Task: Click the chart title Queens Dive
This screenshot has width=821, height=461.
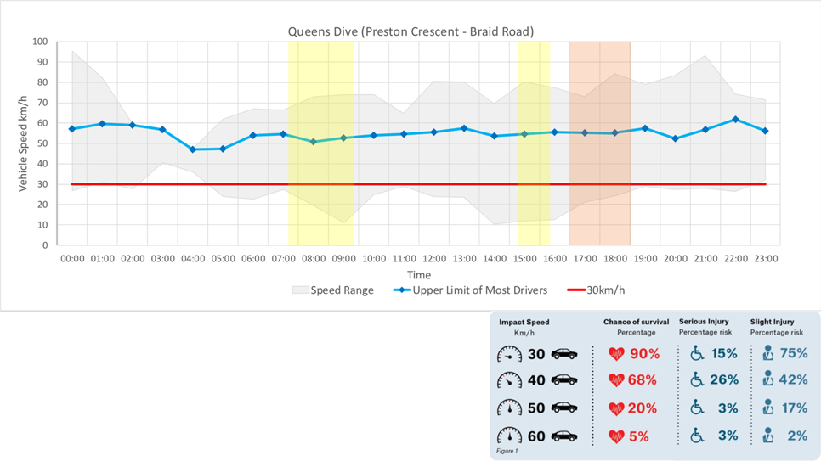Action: tap(410, 31)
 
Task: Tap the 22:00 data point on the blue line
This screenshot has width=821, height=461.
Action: tap(735, 120)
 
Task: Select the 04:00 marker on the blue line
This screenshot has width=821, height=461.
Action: tap(192, 149)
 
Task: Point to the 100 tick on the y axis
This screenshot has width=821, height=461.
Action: tap(40, 42)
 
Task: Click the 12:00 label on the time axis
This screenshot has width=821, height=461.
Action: tap(434, 258)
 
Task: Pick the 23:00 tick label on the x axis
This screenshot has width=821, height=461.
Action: tap(766, 258)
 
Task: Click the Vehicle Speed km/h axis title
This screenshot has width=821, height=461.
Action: tap(24, 143)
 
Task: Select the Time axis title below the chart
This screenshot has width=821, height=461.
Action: tap(418, 275)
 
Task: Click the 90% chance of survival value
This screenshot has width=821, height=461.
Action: tap(644, 353)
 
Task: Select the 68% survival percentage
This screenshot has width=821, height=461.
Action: tap(644, 380)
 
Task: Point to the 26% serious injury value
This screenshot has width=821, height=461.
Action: tap(722, 380)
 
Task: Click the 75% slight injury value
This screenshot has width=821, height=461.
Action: tap(792, 353)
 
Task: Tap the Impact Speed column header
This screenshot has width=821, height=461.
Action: tap(524, 323)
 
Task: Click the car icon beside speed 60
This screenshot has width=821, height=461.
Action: tap(564, 436)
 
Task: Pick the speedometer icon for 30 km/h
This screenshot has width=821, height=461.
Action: tap(509, 354)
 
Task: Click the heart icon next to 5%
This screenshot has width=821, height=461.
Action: tap(616, 436)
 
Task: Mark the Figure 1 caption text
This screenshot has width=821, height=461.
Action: tap(507, 451)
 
